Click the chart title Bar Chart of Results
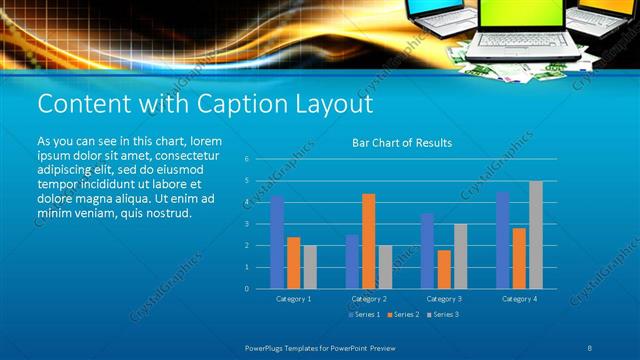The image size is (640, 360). [x=402, y=143]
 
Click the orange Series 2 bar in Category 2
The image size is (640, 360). [x=369, y=241]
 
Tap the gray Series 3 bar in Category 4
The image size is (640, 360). [x=536, y=235]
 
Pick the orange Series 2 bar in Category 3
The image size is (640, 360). [x=444, y=269]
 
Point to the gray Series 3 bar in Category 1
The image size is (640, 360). [x=310, y=267]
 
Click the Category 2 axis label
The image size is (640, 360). [x=369, y=299]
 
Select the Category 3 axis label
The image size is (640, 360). [x=444, y=299]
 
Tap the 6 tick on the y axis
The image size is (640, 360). [x=246, y=159]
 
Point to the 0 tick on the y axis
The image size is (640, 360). [x=246, y=289]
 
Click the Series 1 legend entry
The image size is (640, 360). [x=365, y=315]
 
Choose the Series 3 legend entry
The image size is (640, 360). [x=443, y=315]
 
